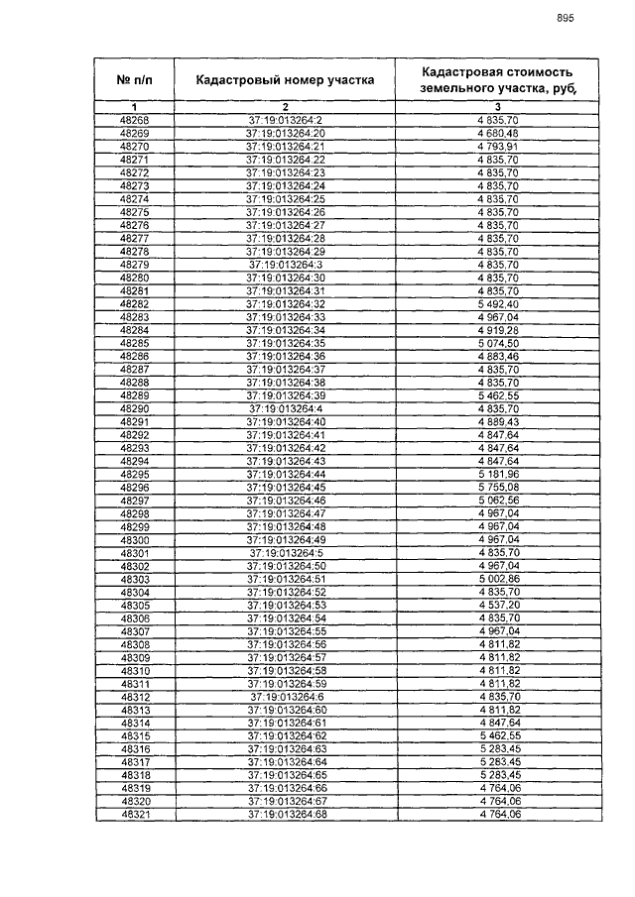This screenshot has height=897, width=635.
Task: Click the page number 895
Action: click(x=565, y=17)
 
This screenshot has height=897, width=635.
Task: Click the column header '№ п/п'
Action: click(x=134, y=80)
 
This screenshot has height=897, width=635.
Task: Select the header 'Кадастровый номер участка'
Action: click(x=285, y=80)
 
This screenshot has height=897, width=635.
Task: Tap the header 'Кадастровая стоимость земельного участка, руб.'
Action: click(x=497, y=79)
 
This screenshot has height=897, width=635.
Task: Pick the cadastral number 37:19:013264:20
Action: click(x=286, y=134)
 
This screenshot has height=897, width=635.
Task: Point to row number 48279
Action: click(x=134, y=266)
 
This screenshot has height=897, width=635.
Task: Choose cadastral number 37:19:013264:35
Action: click(x=286, y=343)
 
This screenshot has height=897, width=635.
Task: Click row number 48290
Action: click(x=134, y=408)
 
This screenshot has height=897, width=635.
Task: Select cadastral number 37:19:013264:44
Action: click(x=286, y=474)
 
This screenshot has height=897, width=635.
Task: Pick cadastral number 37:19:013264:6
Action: click(x=286, y=696)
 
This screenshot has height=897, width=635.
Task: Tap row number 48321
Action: click(x=134, y=814)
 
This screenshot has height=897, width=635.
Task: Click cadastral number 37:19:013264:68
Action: click(x=286, y=814)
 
